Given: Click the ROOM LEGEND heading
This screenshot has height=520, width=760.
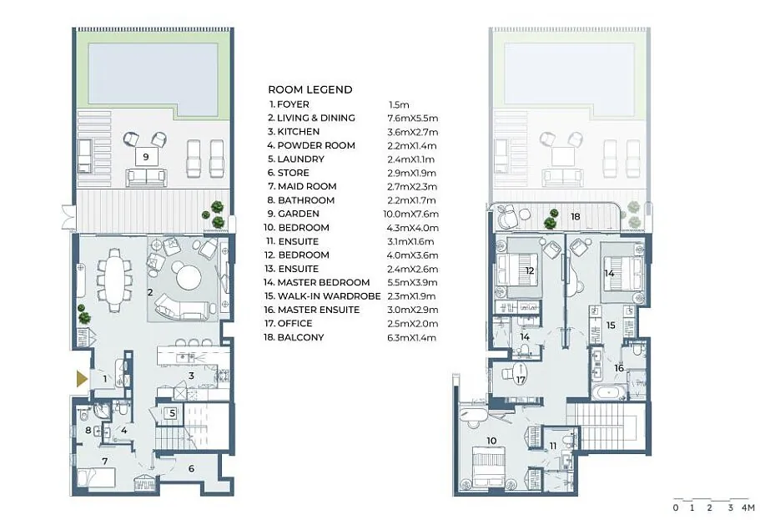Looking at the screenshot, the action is click(310, 90).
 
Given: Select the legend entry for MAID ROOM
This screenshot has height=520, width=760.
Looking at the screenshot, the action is click(302, 186).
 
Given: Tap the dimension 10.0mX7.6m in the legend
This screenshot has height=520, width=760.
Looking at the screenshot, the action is click(411, 214).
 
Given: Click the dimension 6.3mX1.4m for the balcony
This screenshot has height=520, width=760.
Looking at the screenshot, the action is click(411, 337).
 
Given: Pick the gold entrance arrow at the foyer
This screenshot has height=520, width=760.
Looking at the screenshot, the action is click(82, 378).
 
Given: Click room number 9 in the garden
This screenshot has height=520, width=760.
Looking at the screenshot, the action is click(146, 157).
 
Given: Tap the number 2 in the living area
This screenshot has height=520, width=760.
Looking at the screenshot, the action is click(150, 292).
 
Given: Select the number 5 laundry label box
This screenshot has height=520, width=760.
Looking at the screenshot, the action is click(172, 413).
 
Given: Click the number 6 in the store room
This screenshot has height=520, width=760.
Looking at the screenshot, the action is click(191, 468).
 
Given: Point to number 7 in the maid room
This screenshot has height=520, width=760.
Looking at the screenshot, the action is click(104, 462).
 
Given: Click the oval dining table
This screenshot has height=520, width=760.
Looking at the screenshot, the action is click(115, 280).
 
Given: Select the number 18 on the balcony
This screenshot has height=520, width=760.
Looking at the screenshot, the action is click(576, 216).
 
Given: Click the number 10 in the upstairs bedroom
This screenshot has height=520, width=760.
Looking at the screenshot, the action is click(491, 441).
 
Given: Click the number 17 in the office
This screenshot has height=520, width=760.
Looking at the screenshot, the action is click(520, 380).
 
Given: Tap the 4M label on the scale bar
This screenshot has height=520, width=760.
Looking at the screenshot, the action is click(747, 507).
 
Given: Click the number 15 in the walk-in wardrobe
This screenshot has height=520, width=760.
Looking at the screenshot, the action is click(611, 326).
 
